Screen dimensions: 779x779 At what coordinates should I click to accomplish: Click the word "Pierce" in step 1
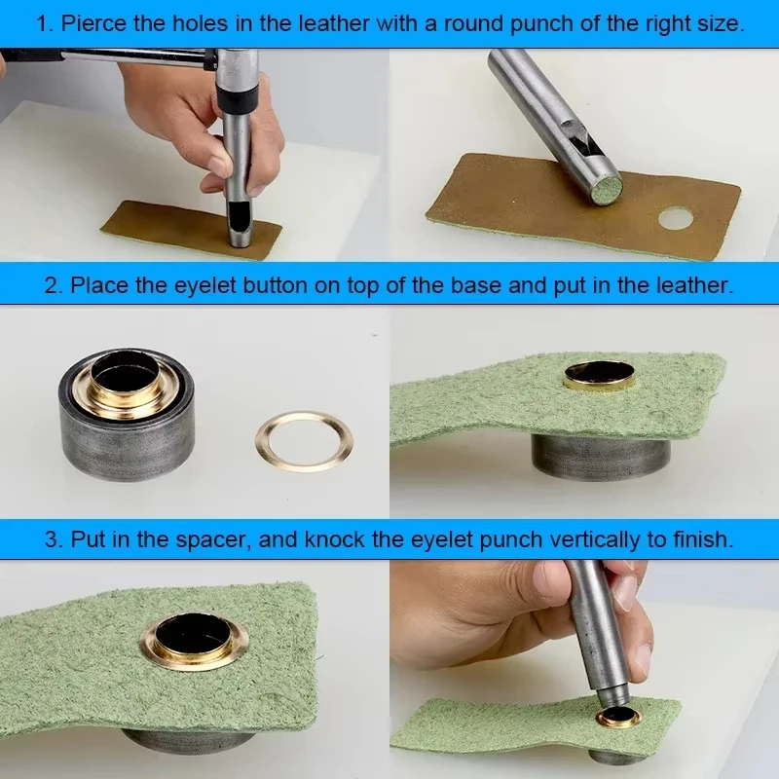tap(93, 23)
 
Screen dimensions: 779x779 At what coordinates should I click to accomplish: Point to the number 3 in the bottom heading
tap(53, 539)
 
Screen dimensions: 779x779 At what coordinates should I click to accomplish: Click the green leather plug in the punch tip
tap(607, 190)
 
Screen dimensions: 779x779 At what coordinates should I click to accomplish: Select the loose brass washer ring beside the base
tap(304, 441)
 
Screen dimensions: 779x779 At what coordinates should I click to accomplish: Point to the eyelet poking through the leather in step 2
tap(600, 376)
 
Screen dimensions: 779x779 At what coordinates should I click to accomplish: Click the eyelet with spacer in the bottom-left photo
tap(192, 642)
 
